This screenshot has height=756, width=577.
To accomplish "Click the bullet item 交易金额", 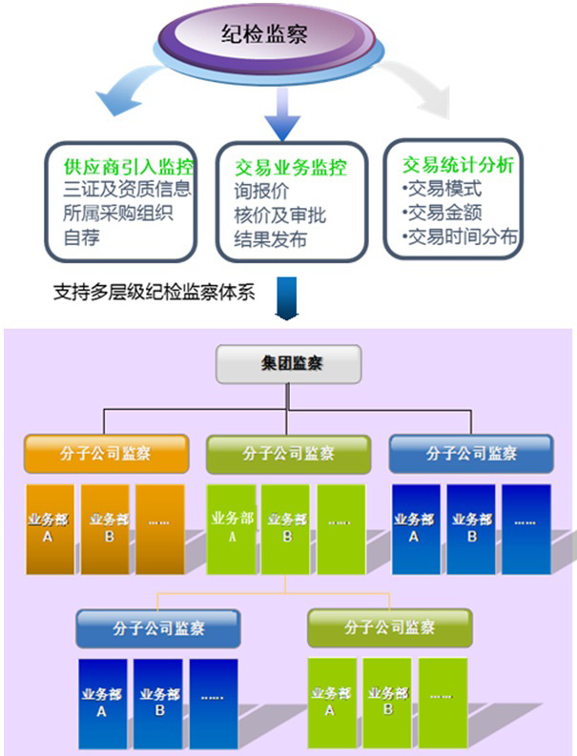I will [443, 212].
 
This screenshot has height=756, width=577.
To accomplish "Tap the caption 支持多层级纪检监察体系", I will [155, 292].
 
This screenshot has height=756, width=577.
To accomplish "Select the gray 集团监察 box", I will [289, 363].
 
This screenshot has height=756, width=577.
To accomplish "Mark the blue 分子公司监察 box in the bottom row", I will [158, 628].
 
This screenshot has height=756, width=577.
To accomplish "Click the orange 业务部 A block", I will [48, 528].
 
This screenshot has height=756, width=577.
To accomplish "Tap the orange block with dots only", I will [159, 528].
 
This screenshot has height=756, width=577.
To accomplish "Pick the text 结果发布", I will [270, 239].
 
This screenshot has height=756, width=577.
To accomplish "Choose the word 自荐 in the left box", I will [81, 235].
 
